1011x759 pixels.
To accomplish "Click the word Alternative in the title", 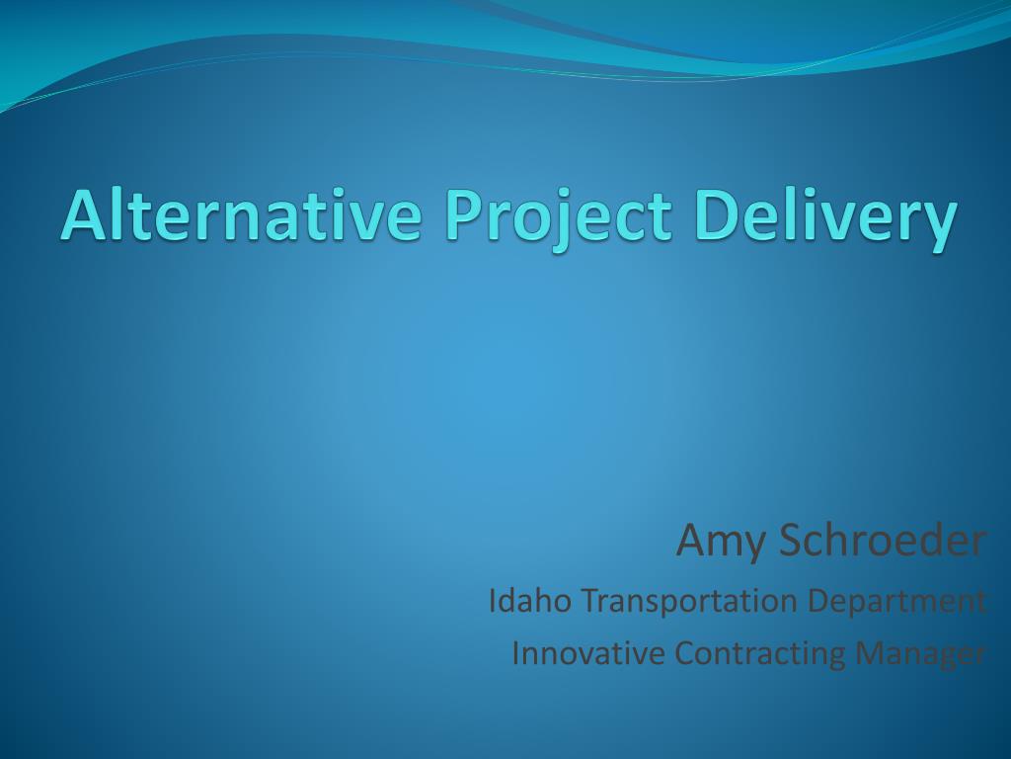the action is point(242,214).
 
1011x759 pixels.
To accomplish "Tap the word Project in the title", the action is point(559,219).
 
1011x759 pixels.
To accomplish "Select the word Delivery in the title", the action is point(826,219).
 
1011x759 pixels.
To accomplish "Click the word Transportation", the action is point(689,602).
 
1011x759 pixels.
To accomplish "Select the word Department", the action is point(896,602).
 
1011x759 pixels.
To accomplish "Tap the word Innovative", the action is point(588,652).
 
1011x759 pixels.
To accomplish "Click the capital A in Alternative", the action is point(85,215).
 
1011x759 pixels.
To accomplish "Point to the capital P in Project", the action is point(464,215).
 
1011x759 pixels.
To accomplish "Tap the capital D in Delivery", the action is point(718,215).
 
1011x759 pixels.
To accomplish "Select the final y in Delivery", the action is point(936,227).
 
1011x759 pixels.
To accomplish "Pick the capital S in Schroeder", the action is point(793,541).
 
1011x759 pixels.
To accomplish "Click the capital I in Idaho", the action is point(493,600).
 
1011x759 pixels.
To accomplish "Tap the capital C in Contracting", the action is point(685,652).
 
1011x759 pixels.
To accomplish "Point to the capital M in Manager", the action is point(870,653).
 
